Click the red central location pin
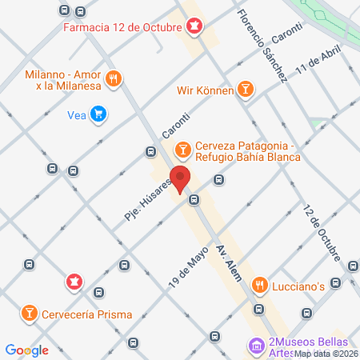coord(180,179)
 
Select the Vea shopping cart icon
coord(98,114)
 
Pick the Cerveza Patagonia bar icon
coord(182,148)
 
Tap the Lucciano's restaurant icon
coord(259,285)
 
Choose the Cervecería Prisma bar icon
coord(29,312)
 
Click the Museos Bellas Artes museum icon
coord(257,346)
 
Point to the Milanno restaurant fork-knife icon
coord(115,78)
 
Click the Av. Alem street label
coord(228,261)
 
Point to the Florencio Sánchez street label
coord(263,46)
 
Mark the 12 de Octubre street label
coord(323,233)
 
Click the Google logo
coord(26,350)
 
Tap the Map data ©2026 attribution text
coord(325,354)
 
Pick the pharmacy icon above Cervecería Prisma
coord(74,282)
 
